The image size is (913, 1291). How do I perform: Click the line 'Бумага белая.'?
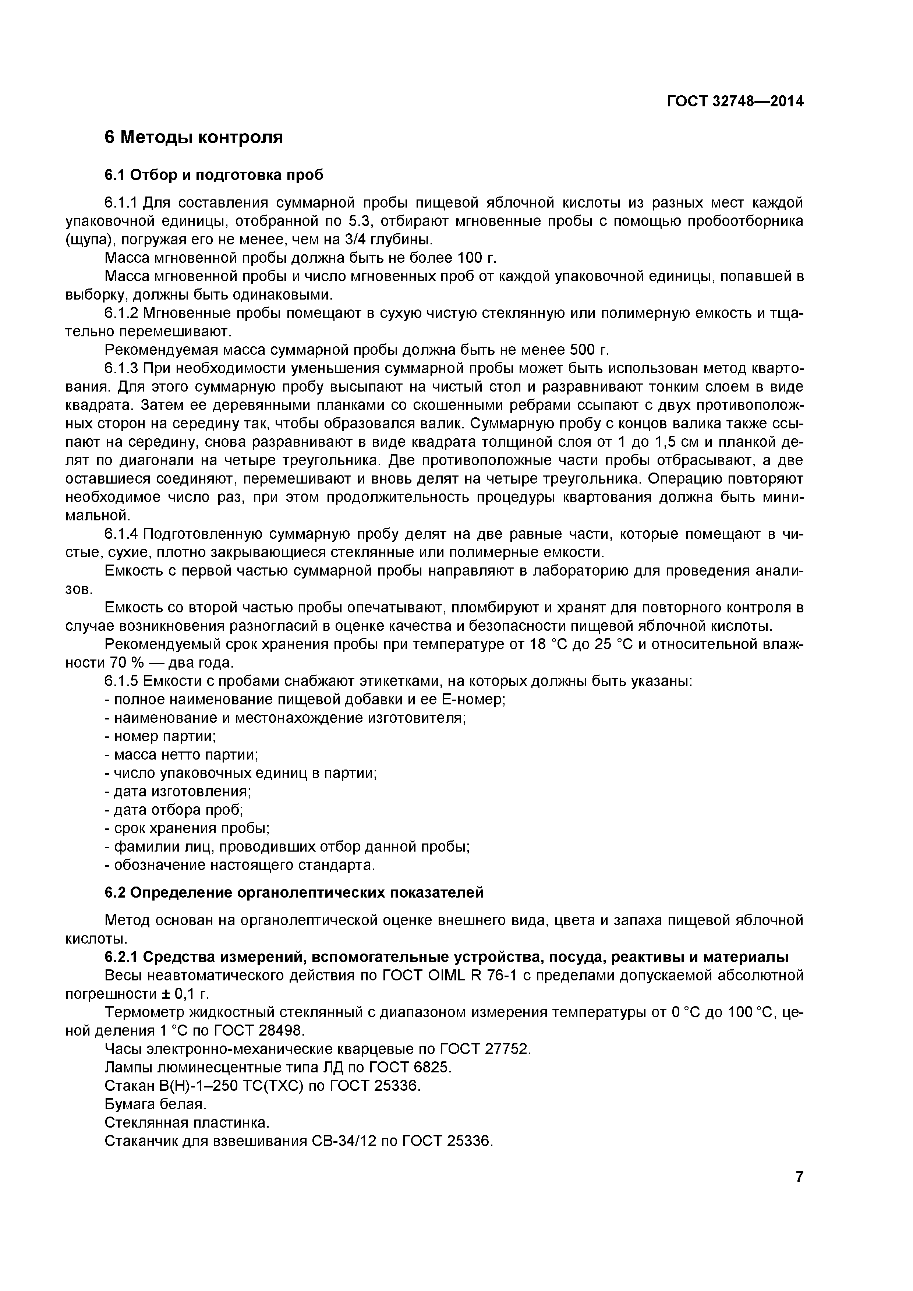click(156, 1104)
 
